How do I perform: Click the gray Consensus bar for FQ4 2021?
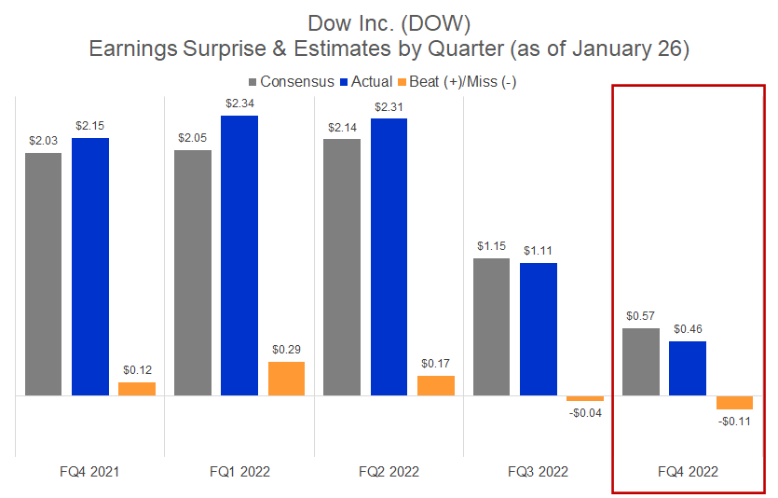[44, 274]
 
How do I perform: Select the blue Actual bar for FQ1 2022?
[239, 256]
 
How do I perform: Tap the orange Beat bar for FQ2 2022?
[436, 385]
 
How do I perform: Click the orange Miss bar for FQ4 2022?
[734, 403]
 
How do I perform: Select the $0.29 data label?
[286, 349]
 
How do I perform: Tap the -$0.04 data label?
[585, 413]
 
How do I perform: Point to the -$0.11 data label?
[734, 422]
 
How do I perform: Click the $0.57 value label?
[641, 315]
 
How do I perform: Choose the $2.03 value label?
[44, 139]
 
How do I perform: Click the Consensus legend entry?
[293, 82]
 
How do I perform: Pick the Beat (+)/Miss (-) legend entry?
[463, 82]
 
